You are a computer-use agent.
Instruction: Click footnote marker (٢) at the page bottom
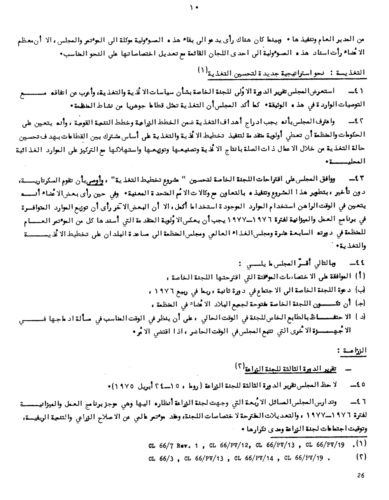pyautogui.click(x=361, y=457)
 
